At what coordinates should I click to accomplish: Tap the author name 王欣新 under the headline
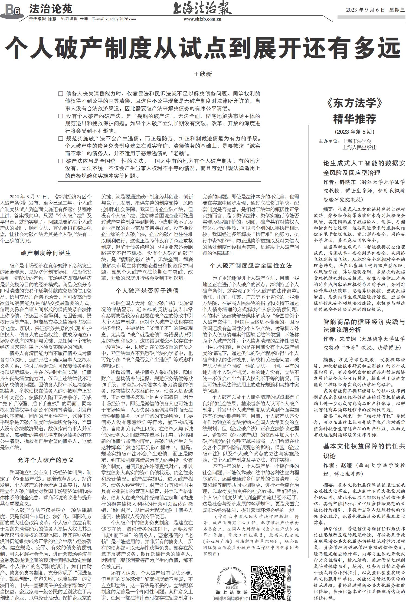203,74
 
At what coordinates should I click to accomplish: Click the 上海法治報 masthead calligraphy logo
202,9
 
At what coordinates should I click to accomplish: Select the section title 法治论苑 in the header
51,9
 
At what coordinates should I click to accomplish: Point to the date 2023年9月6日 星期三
375,10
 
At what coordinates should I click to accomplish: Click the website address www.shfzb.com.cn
202,19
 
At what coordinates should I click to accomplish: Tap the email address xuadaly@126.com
114,19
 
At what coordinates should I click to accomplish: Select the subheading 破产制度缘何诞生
46,253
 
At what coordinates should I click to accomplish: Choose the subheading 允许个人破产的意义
46,460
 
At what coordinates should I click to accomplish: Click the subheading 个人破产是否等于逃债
147,291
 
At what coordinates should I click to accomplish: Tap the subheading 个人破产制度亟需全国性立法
251,265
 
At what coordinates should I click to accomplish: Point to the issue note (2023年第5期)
355,132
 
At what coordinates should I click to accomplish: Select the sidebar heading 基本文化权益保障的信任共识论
364,451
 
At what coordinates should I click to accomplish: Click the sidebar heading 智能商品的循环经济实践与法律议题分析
364,326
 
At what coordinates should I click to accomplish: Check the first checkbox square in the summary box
61,94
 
